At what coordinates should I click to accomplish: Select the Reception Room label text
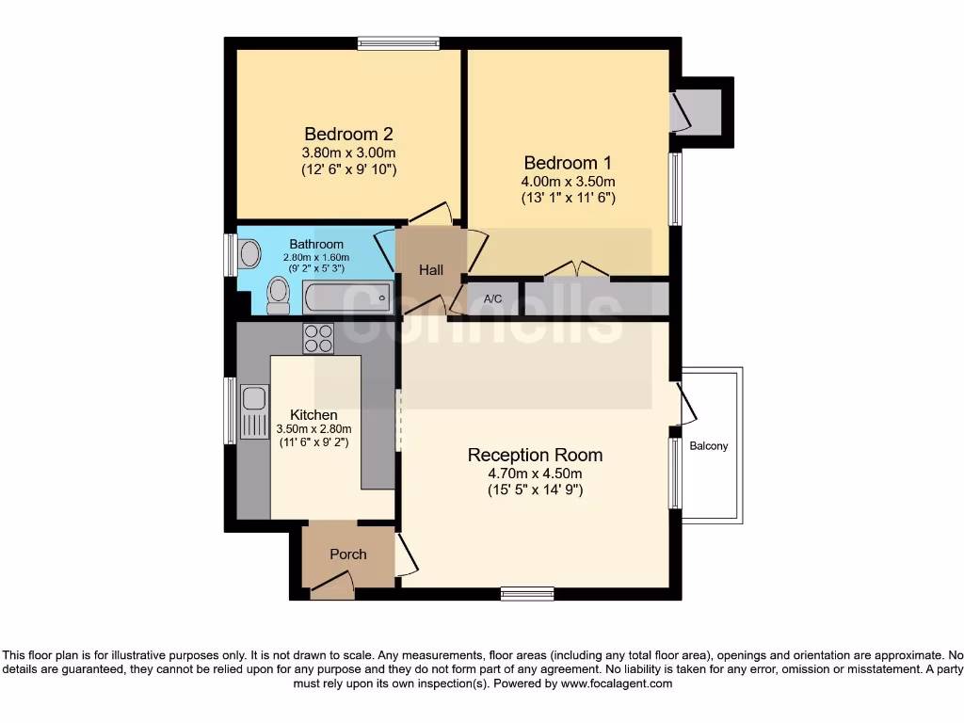[535, 456]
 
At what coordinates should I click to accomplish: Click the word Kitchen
[313, 414]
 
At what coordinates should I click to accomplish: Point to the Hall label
[431, 270]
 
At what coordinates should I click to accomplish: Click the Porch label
[347, 554]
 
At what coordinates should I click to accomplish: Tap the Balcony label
[709, 446]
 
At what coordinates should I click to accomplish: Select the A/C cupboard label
[492, 299]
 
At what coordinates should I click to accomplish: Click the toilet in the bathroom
[279, 294]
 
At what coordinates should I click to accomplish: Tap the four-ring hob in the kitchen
[318, 338]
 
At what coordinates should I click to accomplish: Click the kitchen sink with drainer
[254, 411]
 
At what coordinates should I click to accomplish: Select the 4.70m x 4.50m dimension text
[535, 474]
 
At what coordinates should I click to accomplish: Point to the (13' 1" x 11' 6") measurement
[569, 199]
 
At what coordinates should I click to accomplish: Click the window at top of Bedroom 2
[398, 42]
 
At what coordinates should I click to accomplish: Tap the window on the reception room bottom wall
[527, 593]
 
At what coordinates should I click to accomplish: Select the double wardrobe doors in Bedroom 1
[576, 271]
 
